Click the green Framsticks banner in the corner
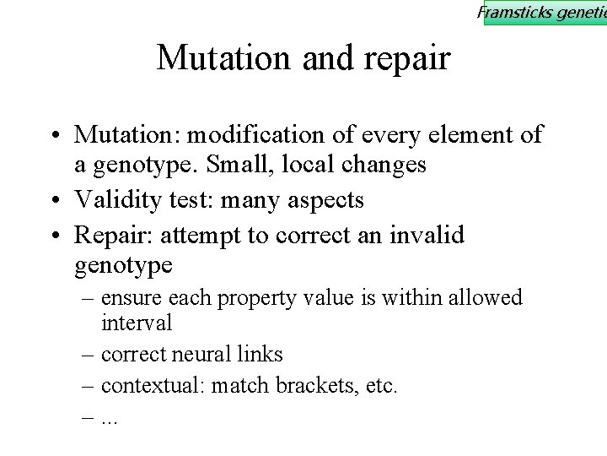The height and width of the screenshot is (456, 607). [544, 13]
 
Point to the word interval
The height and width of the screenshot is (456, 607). [137, 323]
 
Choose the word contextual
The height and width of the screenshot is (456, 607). [153, 387]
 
